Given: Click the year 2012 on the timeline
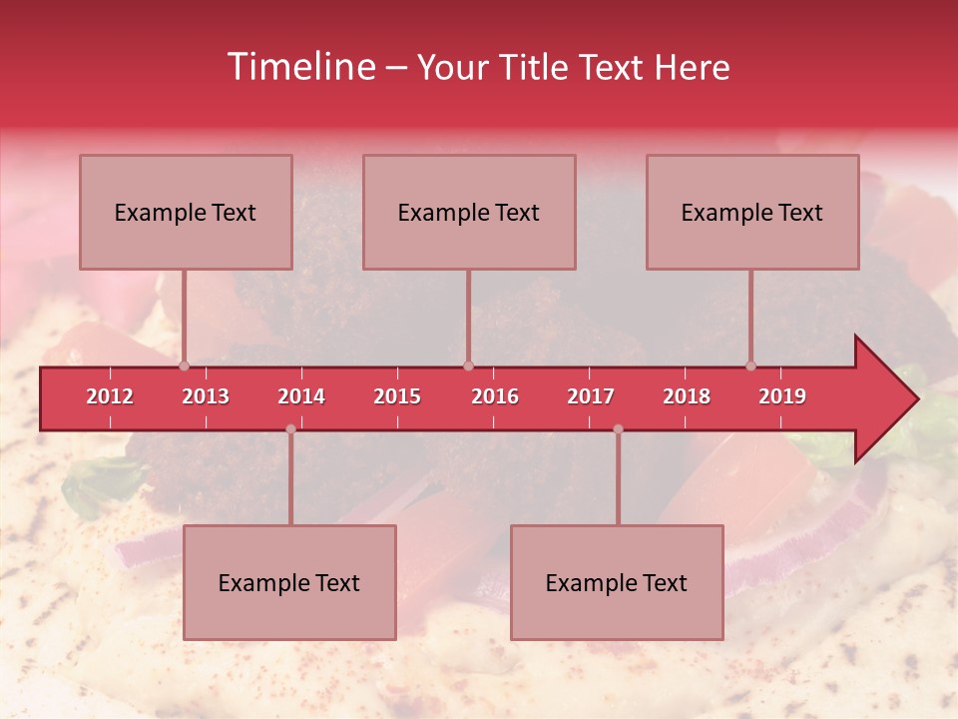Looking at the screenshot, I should point(110,396).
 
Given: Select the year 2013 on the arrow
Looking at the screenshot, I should point(206,396).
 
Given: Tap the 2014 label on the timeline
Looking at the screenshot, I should point(301,396).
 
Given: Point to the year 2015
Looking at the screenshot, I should point(397,396).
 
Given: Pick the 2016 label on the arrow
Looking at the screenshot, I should point(495,396).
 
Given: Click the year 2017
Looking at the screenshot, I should point(591,396).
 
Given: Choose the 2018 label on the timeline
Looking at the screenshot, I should point(687,396).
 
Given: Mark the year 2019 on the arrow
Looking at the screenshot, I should point(782,396).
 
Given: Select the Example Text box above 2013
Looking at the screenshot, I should point(186,212).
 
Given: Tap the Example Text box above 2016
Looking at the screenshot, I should point(469,212).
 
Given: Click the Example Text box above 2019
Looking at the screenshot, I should point(752,212).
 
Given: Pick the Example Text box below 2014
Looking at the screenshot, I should point(289,582).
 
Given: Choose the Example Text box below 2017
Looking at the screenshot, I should point(617,582).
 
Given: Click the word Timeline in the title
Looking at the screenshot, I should point(299,67).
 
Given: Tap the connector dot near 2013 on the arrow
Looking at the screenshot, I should point(184,366).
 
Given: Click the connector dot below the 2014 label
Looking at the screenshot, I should point(290,429).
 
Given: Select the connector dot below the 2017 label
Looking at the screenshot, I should point(618,429).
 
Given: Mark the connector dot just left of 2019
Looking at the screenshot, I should point(750,366).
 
